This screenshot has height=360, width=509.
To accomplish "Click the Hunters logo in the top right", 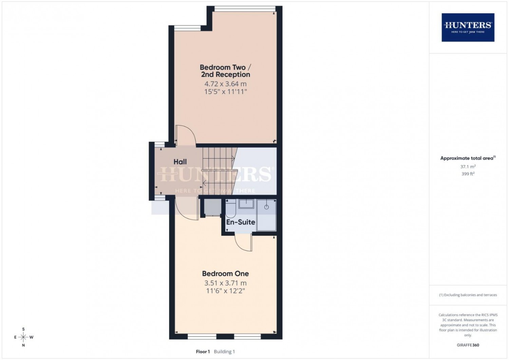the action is click(468, 27).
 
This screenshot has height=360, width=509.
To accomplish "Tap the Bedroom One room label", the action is click(225, 273).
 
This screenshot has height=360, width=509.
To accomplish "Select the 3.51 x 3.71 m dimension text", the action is click(225, 283).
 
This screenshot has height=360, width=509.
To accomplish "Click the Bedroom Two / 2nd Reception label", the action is click(225, 71).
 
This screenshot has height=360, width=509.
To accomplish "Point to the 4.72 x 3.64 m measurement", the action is click(225, 84).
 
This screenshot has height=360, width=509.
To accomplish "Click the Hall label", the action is click(180, 162).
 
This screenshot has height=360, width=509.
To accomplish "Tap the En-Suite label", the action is click(241, 222).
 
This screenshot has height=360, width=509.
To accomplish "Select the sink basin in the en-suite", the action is click(246, 204).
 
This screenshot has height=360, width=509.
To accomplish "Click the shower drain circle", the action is click(266, 207).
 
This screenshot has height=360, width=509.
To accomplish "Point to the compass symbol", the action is click(23, 337).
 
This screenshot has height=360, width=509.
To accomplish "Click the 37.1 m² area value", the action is click(468, 166).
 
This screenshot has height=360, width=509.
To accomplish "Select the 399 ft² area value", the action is click(468, 174).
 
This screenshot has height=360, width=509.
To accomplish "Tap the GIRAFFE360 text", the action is click(468, 345).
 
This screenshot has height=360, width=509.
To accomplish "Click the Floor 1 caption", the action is click(203, 352).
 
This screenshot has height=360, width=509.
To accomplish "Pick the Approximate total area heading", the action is click(468, 158).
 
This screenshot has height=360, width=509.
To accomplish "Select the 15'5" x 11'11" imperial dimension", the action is click(225, 92).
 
